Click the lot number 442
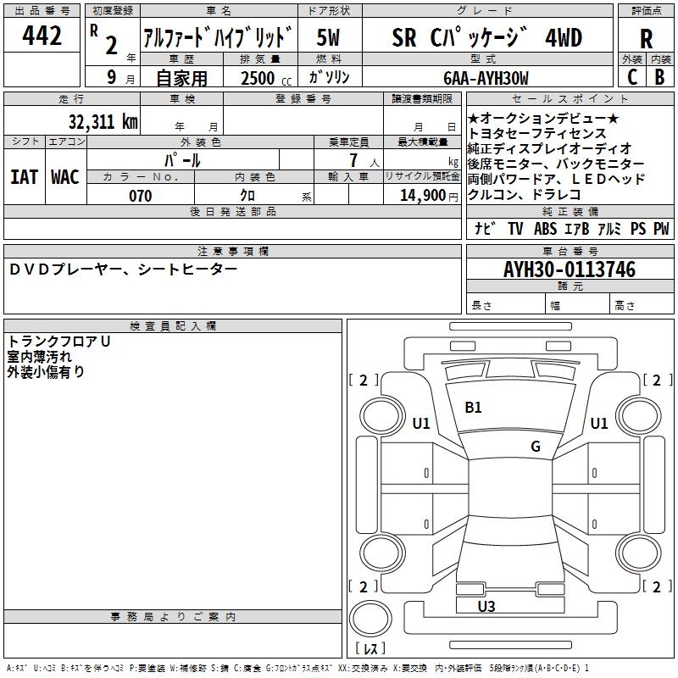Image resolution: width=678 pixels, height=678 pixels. coord(42,36)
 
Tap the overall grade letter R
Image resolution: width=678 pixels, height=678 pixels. coord(646,39)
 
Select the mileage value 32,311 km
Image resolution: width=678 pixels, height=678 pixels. coord(103,121)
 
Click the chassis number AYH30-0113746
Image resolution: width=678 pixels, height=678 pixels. coord(570,270)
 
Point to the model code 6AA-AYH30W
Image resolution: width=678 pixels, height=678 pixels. coord(486,78)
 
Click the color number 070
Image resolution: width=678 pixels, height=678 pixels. coord(140,196)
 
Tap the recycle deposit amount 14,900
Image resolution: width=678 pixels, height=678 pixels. coord(420,196)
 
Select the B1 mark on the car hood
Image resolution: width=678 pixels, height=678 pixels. coord(473,408)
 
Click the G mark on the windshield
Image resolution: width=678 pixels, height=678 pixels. coord(536,447)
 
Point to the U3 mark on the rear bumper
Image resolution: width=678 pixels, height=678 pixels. coord(486,606)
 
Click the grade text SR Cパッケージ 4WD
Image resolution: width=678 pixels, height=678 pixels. coord(486,37)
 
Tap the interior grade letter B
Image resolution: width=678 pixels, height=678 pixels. coord(660,76)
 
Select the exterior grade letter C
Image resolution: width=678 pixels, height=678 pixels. coord(631,76)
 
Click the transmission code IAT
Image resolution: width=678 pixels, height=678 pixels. coord(24,177)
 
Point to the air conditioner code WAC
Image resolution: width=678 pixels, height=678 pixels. coord(64,177)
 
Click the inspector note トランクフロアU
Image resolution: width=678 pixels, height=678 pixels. coord(59,341)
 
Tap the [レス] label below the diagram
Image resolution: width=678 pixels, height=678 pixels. coord(370,649)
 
